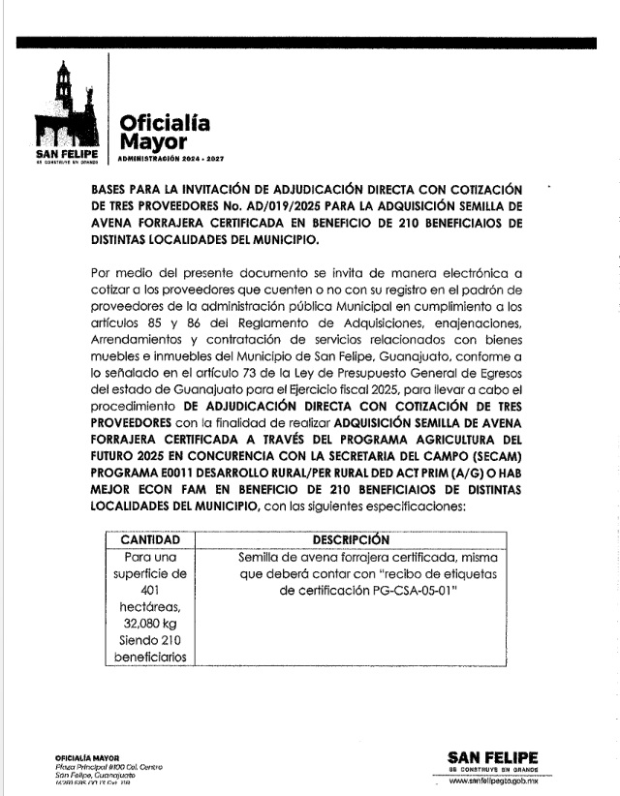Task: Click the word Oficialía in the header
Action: click(164, 123)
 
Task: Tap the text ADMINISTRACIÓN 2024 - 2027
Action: click(170, 158)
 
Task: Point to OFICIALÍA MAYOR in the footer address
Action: click(86, 757)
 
